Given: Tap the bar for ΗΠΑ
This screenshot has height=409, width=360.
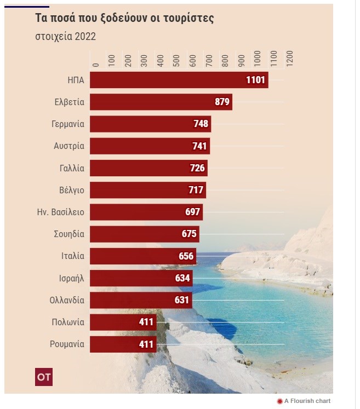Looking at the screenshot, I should click(x=164, y=80).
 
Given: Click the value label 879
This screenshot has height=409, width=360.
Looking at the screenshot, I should click(x=222, y=102).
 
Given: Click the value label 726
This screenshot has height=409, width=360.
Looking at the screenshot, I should click(x=197, y=168).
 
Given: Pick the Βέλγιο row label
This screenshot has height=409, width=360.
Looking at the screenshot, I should click(x=71, y=190).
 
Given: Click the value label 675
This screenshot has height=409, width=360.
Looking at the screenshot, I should click(x=189, y=234).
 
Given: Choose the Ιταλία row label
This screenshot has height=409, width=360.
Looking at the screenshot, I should click(x=73, y=256).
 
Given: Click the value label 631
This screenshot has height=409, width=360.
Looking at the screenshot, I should click(x=181, y=300).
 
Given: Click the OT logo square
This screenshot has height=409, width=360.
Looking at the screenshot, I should click(x=44, y=377).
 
